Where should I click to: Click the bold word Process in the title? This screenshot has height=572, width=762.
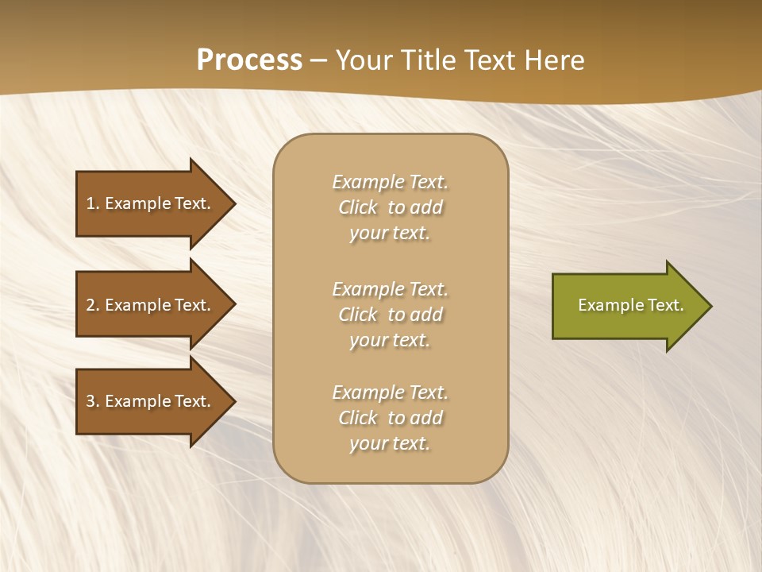coord(249,60)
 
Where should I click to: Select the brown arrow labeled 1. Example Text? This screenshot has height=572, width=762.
coord(151,203)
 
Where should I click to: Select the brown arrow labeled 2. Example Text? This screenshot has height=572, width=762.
coord(151,305)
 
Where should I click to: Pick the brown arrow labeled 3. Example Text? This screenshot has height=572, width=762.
coord(151,401)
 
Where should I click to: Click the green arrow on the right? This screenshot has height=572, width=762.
coord(627,306)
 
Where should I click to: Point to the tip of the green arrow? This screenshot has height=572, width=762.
coord(710,306)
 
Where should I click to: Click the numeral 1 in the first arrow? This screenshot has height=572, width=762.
coord(90,203)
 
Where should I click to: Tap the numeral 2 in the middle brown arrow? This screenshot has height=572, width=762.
coord(90,305)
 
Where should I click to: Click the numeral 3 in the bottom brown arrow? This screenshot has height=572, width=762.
coord(90,401)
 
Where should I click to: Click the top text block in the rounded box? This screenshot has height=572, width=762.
coord(390,207)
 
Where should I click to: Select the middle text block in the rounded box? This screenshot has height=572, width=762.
coord(390,315)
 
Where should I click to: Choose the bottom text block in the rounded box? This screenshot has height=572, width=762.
coord(390,418)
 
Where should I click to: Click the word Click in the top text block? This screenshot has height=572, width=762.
coord(358,207)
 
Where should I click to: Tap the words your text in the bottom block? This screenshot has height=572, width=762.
coord(390,443)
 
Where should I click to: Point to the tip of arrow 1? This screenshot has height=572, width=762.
coord(234,203)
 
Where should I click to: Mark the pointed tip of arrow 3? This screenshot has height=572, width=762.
coord(234,401)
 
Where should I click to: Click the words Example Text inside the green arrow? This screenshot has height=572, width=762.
coord(630,305)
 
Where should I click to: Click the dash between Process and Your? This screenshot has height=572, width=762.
coord(318,61)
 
